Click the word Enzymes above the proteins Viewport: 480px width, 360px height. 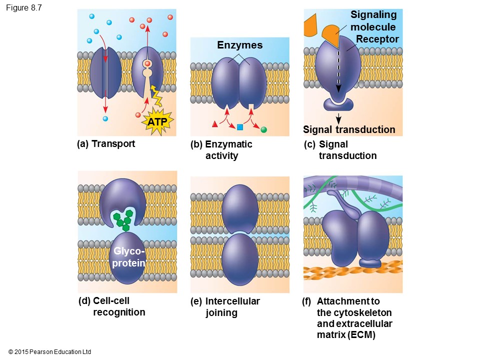click(240, 45)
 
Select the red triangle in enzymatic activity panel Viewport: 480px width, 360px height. click(215, 123)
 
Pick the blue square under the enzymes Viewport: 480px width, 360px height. click(240, 127)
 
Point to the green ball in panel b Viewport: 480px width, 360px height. click(264, 129)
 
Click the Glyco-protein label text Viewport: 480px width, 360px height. click(128, 256)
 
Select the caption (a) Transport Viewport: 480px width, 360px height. click(106, 144)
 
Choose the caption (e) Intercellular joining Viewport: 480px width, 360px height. click(226, 307)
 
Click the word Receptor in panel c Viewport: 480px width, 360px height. click(377, 39)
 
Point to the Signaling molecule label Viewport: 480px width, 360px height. click(373, 20)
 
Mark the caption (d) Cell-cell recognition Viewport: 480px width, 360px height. click(112, 306)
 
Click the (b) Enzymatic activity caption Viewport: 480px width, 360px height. click(222, 150)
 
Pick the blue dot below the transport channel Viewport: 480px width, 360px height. click(105, 118)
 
